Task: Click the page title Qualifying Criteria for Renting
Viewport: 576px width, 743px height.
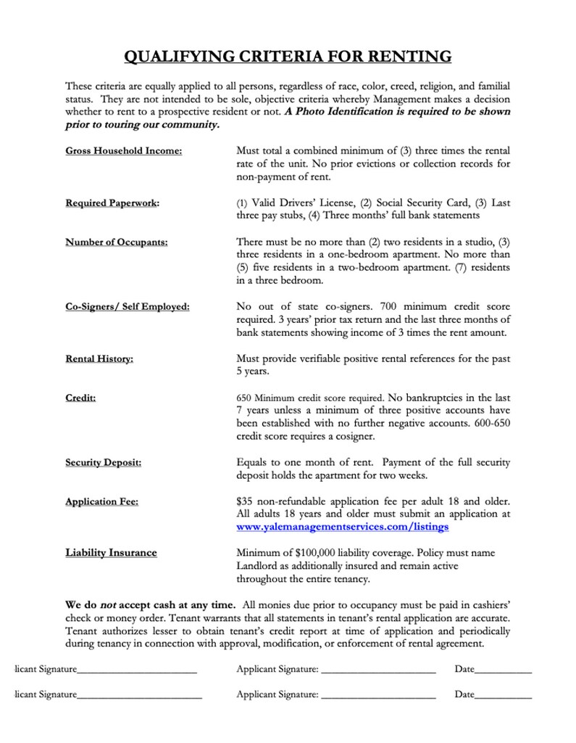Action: coord(288,57)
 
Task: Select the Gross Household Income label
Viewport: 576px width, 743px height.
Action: coord(123,151)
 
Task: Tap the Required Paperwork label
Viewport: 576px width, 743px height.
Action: coord(112,204)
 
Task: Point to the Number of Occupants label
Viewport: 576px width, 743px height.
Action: coord(116,242)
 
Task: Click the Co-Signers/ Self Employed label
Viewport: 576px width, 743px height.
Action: coord(128,307)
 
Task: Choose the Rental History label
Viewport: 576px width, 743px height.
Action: coord(99,358)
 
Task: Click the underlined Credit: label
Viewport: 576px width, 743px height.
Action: coord(81,398)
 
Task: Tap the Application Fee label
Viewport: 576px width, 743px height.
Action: coord(102,501)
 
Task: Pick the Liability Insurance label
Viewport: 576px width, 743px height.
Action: coord(111,553)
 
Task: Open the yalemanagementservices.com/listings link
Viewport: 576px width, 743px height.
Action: coord(342,527)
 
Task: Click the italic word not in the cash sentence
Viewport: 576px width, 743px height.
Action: coord(107,604)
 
